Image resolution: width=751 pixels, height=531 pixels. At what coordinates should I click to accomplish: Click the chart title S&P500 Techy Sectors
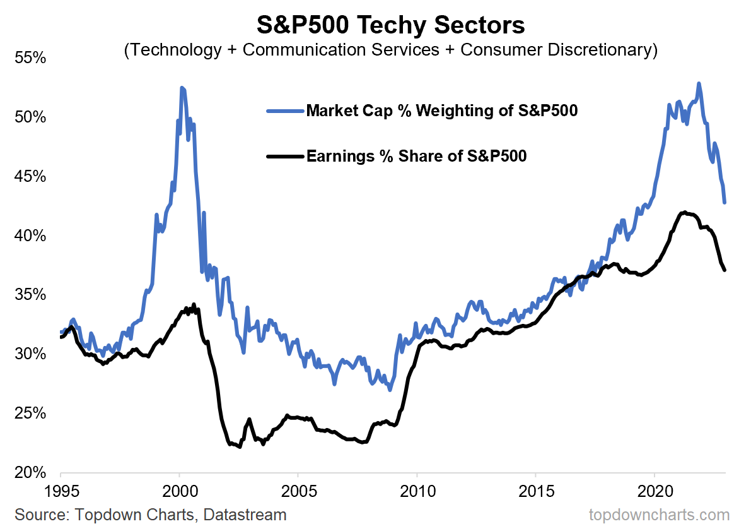click(390, 26)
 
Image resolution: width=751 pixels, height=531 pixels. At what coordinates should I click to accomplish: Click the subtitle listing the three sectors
click(390, 50)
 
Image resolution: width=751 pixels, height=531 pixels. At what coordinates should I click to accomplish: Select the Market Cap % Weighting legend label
click(442, 111)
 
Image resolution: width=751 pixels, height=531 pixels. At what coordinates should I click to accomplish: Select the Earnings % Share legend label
click(416, 155)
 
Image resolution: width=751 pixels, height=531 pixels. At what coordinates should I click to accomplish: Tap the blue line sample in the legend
click(285, 111)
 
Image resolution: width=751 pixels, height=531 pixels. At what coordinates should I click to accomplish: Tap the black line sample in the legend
click(285, 155)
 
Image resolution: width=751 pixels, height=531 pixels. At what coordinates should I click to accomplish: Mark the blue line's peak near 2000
click(182, 88)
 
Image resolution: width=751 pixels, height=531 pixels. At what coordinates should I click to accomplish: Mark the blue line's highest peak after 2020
click(698, 83)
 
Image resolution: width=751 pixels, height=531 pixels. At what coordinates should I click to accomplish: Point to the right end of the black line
click(725, 270)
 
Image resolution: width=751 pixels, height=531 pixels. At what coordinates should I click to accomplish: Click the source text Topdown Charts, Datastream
click(151, 515)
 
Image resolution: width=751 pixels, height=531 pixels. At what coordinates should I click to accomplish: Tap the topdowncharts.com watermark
click(659, 515)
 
